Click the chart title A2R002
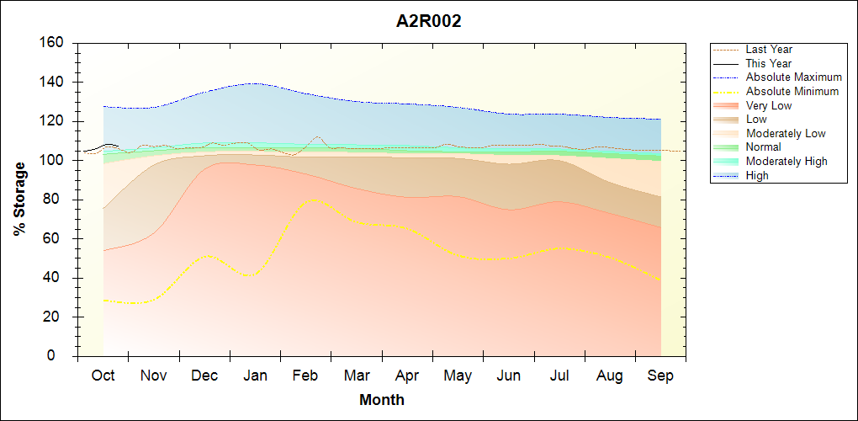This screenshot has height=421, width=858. pyautogui.click(x=428, y=22)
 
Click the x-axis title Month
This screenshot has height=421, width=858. pyautogui.click(x=382, y=400)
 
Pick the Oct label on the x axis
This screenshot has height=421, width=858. pyautogui.click(x=103, y=376)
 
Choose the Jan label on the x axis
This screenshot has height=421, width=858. pyautogui.click(x=255, y=376)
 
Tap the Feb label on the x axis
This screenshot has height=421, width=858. pyautogui.click(x=305, y=376)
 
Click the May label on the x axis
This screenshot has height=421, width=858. pyautogui.click(x=458, y=376)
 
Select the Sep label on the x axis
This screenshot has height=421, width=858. pyautogui.click(x=660, y=376)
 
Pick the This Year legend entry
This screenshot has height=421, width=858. pyautogui.click(x=768, y=63)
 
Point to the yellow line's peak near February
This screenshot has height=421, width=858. pyautogui.click(x=313, y=200)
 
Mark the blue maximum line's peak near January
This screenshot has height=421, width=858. pyautogui.click(x=252, y=83)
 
